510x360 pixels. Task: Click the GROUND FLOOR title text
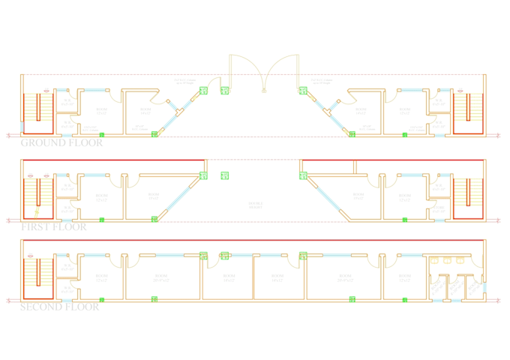[x=61, y=142]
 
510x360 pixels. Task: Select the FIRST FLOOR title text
[x=53, y=226]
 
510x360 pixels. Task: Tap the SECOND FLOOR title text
[x=59, y=306]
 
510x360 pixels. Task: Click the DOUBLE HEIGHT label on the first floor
[x=255, y=204]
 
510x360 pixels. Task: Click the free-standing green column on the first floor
[x=224, y=175]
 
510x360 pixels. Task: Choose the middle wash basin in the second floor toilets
[x=448, y=261]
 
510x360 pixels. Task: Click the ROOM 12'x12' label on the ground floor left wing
[x=102, y=112]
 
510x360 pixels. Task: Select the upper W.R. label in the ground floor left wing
[x=67, y=102]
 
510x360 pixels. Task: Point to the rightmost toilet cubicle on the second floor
[x=470, y=286]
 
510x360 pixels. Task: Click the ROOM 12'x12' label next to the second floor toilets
[x=404, y=277]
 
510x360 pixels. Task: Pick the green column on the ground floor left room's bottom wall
[x=102, y=135]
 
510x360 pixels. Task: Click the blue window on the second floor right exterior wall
[x=484, y=286]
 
